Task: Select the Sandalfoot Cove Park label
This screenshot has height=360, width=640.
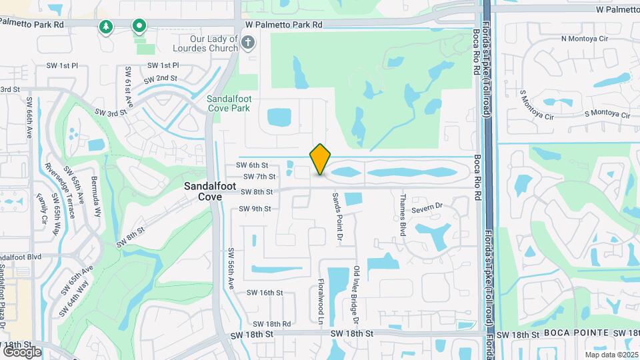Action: click(x=229, y=103)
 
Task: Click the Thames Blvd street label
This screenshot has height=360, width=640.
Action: click(x=403, y=211)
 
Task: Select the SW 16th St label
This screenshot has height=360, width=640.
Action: click(x=265, y=293)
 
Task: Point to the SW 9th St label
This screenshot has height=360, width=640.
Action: click(x=255, y=209)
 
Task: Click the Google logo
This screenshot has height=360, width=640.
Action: click(x=22, y=351)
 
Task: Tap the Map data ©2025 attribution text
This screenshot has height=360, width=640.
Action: click(x=611, y=355)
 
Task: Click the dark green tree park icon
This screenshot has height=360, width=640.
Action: click(x=105, y=27)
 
